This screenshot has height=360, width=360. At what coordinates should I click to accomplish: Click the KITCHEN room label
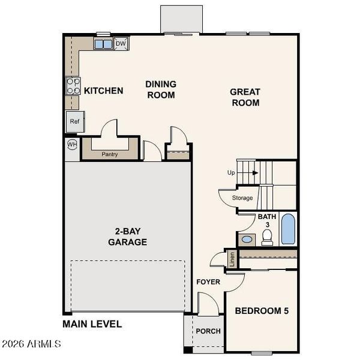[103, 91]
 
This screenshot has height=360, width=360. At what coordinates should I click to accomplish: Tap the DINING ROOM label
[160, 89]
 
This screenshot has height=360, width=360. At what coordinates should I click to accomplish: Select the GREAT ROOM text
[245, 97]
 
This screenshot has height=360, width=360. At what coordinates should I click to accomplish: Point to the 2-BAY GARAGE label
[127, 237]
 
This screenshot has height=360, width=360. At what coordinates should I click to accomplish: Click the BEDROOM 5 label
[266, 311]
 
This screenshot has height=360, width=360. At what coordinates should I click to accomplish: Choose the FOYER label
[208, 281]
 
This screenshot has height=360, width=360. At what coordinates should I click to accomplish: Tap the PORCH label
[208, 331]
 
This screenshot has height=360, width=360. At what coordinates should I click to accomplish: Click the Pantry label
[110, 154]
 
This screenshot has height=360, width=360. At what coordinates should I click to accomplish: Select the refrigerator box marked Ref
[74, 121]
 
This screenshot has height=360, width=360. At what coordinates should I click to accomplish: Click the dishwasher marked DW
[121, 44]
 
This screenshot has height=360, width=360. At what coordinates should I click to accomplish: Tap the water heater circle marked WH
[72, 145]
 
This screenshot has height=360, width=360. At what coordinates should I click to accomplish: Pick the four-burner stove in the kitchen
[73, 86]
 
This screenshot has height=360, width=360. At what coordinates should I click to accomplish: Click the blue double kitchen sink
[103, 44]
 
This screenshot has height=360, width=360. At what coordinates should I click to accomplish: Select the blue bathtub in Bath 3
[288, 229]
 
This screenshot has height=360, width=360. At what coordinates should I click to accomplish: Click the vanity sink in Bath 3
[246, 239]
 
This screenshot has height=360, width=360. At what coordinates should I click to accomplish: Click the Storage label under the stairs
[242, 198]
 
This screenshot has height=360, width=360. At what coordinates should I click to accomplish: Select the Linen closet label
[232, 259]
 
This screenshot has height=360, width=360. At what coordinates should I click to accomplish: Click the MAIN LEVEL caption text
[92, 324]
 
